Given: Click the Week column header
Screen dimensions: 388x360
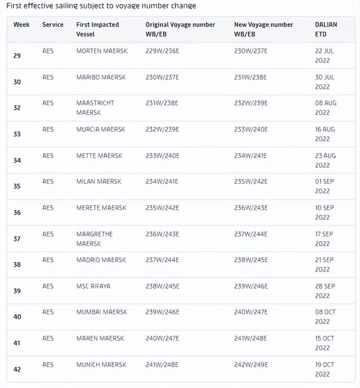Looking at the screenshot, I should pyautogui.click(x=21, y=25).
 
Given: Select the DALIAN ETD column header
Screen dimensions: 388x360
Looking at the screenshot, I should pyautogui.click(x=325, y=29).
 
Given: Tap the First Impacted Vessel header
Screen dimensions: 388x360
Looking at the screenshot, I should pyautogui.click(x=98, y=29).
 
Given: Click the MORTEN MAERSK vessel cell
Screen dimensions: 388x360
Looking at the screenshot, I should pyautogui.click(x=102, y=51).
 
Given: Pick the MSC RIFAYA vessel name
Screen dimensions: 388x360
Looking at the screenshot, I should pyautogui.click(x=93, y=286).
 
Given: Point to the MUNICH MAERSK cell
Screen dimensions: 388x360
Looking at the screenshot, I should pyautogui.click(x=102, y=364).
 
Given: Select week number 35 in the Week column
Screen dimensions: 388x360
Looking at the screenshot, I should pyautogui.click(x=17, y=186).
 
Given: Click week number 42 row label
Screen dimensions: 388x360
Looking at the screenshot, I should pyautogui.click(x=17, y=369).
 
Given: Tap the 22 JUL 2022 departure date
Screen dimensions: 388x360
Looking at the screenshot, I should pyautogui.click(x=324, y=56).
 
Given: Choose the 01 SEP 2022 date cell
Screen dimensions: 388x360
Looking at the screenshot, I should pyautogui.click(x=324, y=186).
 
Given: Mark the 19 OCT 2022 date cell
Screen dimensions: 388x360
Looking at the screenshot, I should pyautogui.click(x=324, y=369).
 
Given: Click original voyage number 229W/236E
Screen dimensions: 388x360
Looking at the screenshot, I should pyautogui.click(x=162, y=51).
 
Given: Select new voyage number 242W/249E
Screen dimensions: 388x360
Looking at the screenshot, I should pyautogui.click(x=250, y=364).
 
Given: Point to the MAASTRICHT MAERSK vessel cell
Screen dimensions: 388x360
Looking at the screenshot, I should pyautogui.click(x=95, y=108).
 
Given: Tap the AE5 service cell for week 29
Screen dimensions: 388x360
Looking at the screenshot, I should pyautogui.click(x=48, y=51).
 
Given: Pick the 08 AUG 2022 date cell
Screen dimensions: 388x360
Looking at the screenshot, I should pyautogui.click(x=325, y=108).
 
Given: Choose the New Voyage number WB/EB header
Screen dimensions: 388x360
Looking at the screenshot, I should pyautogui.click(x=263, y=29).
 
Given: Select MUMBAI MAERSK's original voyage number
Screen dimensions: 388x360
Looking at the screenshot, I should pyautogui.click(x=162, y=312).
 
